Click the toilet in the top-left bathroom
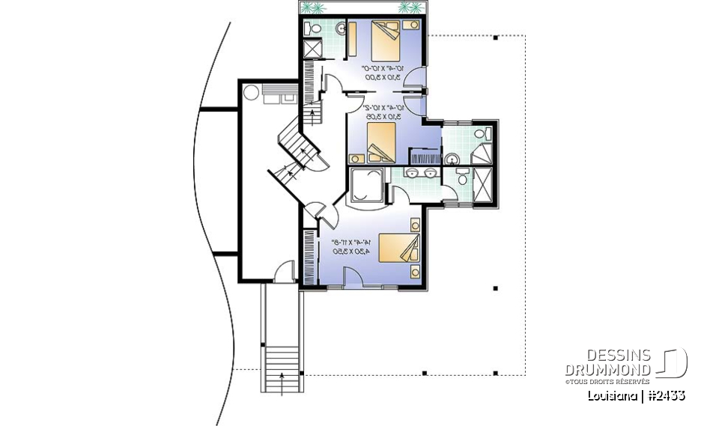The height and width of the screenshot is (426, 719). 313,28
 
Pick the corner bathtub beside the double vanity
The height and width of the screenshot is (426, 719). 368,185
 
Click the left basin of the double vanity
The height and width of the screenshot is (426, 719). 413,174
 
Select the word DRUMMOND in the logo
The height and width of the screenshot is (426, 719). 608,369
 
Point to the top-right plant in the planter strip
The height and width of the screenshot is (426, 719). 410,7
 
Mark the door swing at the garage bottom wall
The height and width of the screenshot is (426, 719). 285,272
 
